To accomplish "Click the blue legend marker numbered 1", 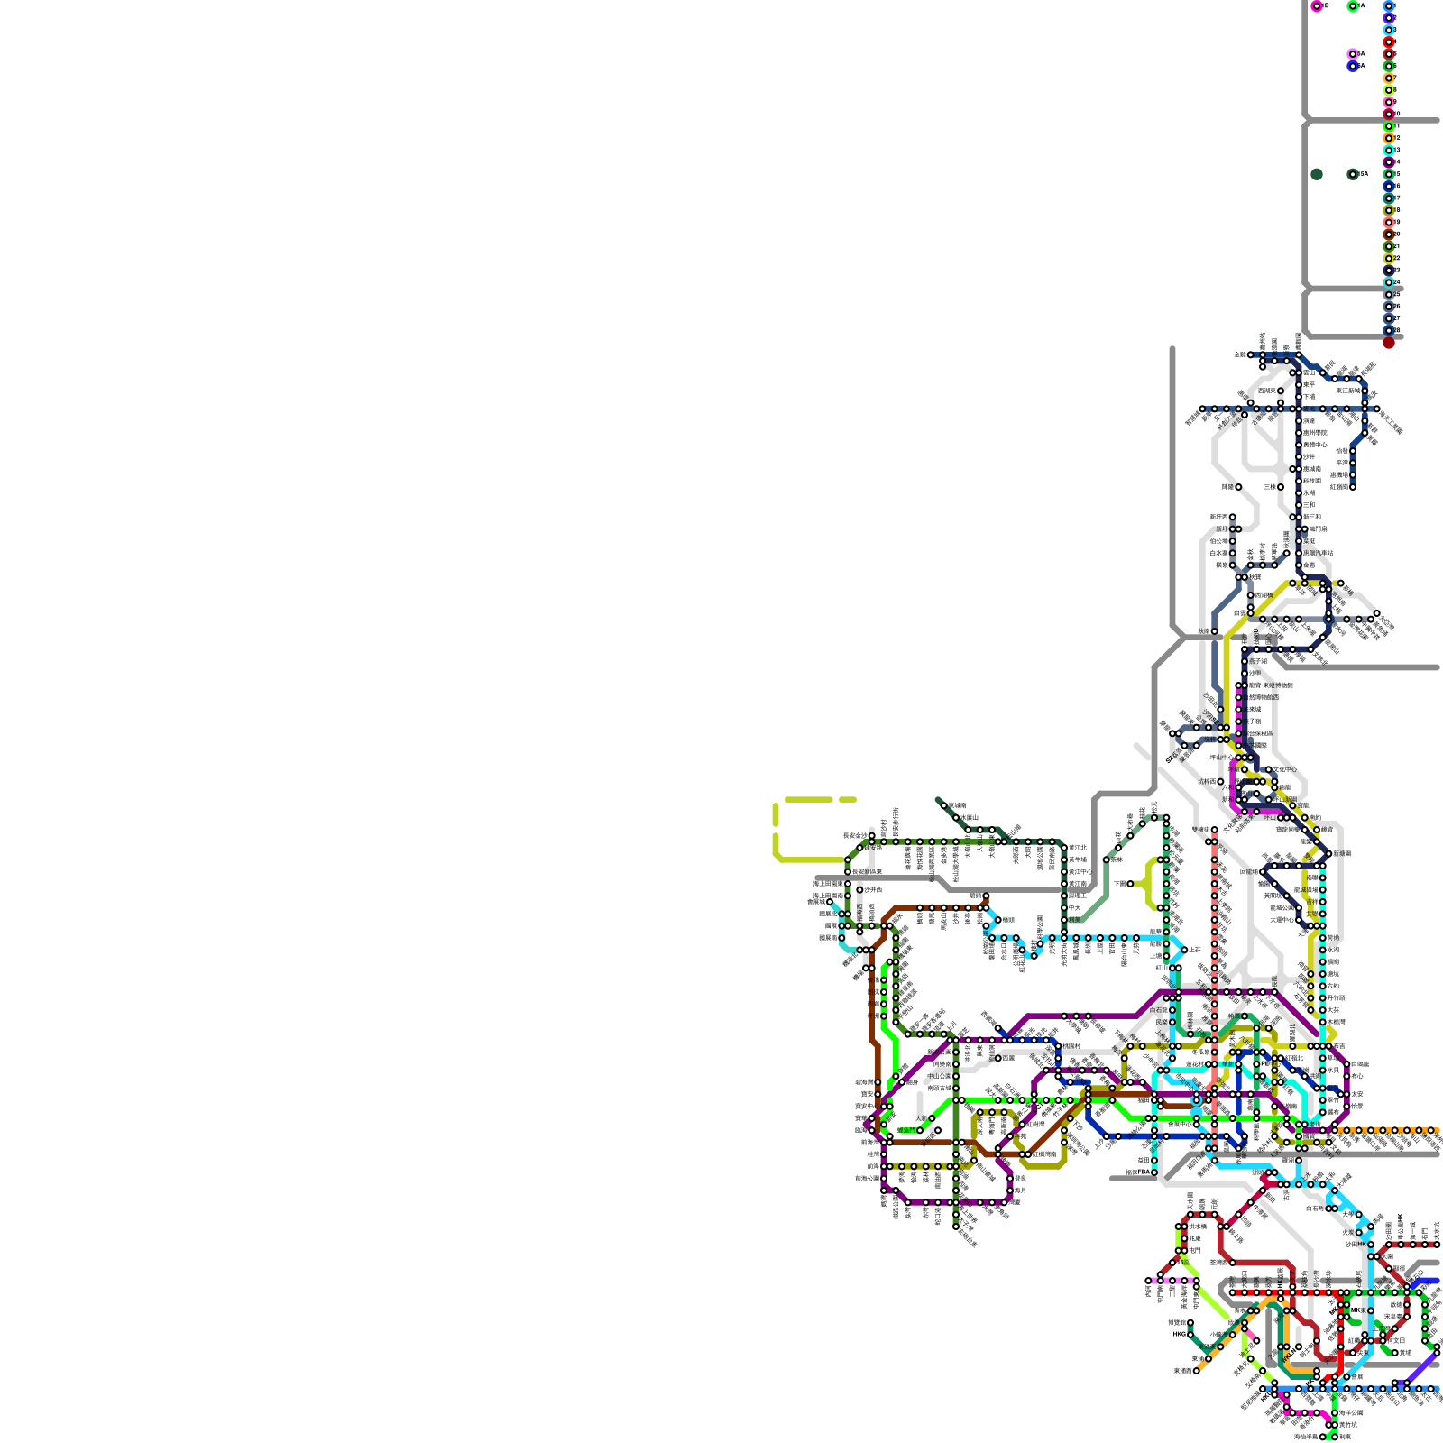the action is [x=1389, y=5].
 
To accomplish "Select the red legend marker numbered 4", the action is [x=1389, y=41].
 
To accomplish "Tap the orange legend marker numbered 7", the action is [x=1389, y=78].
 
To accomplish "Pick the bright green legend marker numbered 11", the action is [x=1389, y=126].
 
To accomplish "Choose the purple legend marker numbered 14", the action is [x=1389, y=162].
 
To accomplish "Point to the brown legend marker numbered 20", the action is [x=1389, y=234].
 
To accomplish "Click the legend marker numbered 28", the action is [x=1389, y=330].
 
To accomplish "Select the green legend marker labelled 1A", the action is [x=1353, y=5].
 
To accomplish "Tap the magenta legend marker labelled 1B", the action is [x=1317, y=5].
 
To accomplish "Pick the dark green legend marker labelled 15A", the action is [x=1353, y=174].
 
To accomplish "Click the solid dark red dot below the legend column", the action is [x=1389, y=343].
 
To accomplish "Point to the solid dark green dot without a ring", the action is [x=1317, y=174].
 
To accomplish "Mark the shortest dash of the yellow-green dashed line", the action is [x=847, y=799].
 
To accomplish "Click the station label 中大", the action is [x=1074, y=908].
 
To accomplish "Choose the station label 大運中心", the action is [x=1282, y=920].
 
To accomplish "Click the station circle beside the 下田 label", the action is [x=1131, y=884].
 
